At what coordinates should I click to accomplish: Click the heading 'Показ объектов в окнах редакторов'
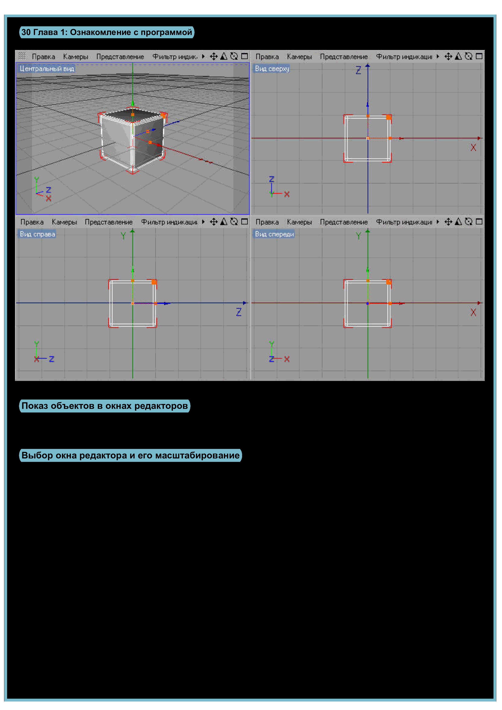point(104,406)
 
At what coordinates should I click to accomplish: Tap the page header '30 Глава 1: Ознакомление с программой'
point(107,32)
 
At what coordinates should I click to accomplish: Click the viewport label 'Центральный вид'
point(47,69)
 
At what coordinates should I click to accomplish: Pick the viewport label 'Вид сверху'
point(272,69)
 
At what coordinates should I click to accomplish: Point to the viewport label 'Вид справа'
point(37,234)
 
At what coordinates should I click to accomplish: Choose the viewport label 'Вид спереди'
point(274,234)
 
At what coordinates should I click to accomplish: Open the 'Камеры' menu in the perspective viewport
point(76,57)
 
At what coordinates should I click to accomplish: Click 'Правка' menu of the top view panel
point(267,57)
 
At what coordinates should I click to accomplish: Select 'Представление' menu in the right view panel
point(108,222)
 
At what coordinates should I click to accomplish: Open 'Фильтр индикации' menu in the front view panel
point(404,222)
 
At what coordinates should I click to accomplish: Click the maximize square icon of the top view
point(479,56)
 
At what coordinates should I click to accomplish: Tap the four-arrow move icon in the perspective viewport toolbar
point(213,56)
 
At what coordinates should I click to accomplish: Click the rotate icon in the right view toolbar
point(234,222)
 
